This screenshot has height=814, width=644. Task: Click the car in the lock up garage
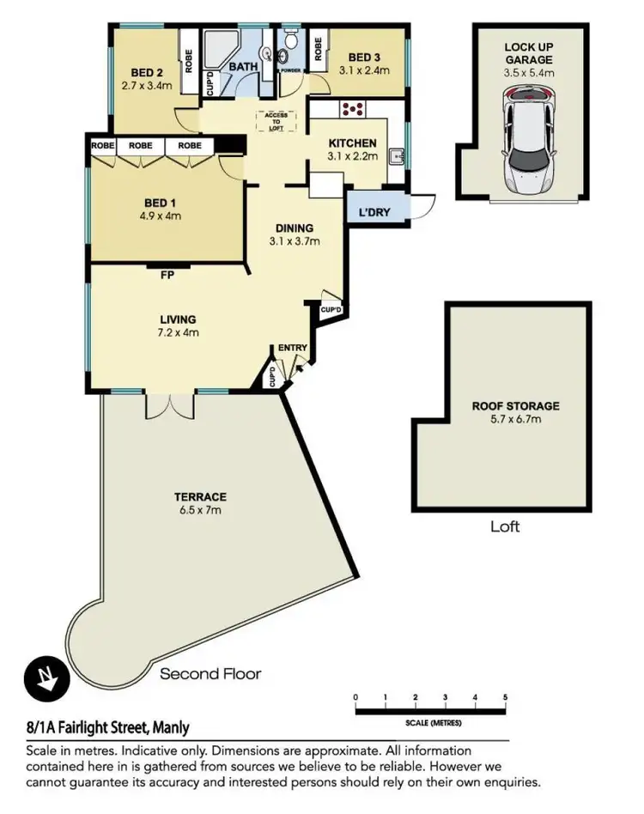click(530, 143)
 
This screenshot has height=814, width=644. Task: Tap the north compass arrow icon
click(41, 677)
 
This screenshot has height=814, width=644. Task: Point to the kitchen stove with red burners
click(352, 110)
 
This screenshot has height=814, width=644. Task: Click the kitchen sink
click(397, 157)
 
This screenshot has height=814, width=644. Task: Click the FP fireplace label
click(167, 276)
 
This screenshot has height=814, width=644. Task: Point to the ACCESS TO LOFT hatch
click(276, 122)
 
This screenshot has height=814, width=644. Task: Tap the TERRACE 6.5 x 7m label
click(199, 503)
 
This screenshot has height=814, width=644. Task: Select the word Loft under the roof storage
click(505, 526)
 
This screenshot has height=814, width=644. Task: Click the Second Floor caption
click(210, 673)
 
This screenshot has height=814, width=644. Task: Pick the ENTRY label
click(292, 347)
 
